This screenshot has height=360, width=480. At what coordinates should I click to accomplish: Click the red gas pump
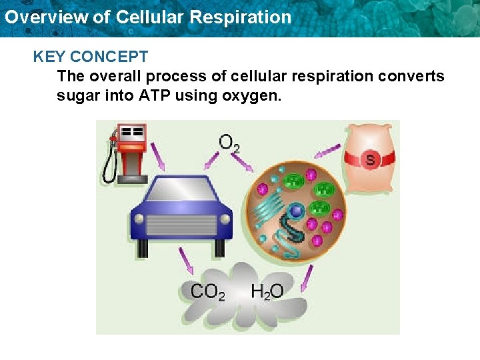pyautogui.click(x=132, y=150)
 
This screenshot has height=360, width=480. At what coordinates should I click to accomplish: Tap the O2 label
pyautogui.click(x=229, y=143)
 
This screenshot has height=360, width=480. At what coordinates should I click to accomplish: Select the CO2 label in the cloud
pyautogui.click(x=207, y=291)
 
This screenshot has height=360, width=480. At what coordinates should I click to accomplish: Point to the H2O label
pyautogui.click(x=267, y=291)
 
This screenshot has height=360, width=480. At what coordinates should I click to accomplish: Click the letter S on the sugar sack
pyautogui.click(x=370, y=159)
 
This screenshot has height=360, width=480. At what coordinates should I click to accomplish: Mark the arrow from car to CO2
pyautogui.click(x=185, y=261)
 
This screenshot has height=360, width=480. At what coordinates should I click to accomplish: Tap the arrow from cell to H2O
pyautogui.click(x=307, y=279)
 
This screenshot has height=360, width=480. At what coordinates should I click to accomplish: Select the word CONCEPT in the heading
pyautogui.click(x=109, y=57)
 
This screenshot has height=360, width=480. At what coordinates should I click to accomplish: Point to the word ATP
pyautogui.click(x=155, y=95)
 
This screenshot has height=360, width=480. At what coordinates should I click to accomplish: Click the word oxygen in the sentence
pyautogui.click(x=255, y=95)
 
